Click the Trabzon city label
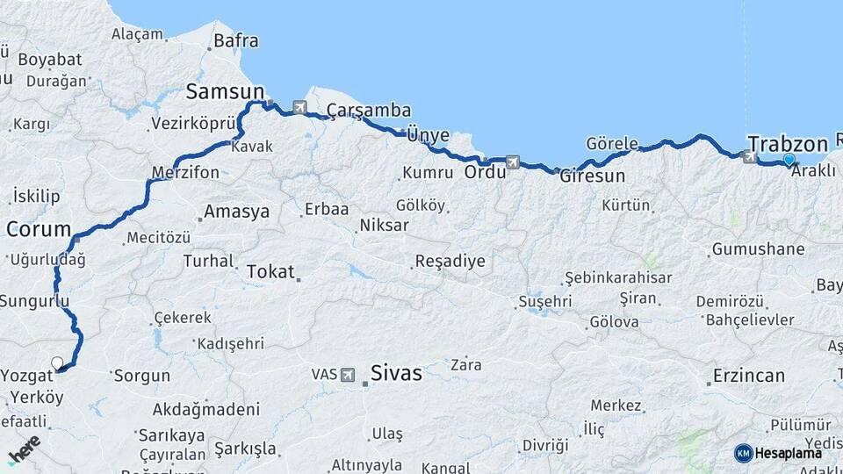(x=788, y=144)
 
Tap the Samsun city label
(x=225, y=91)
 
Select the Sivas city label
(x=395, y=373)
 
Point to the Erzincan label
(x=749, y=376)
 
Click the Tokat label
(x=270, y=272)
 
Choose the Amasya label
(x=236, y=212)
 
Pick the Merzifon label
(x=185, y=173)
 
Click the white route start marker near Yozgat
(x=58, y=363)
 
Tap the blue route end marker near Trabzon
(x=789, y=160)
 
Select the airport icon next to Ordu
(x=513, y=162)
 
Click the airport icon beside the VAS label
(x=348, y=375)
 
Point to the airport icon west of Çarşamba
(x=300, y=107)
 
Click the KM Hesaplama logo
(x=778, y=453)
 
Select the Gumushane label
(x=758, y=249)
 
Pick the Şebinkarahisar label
(x=618, y=277)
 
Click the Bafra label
(x=236, y=40)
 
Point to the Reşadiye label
(x=450, y=262)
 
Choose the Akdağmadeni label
(x=206, y=409)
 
